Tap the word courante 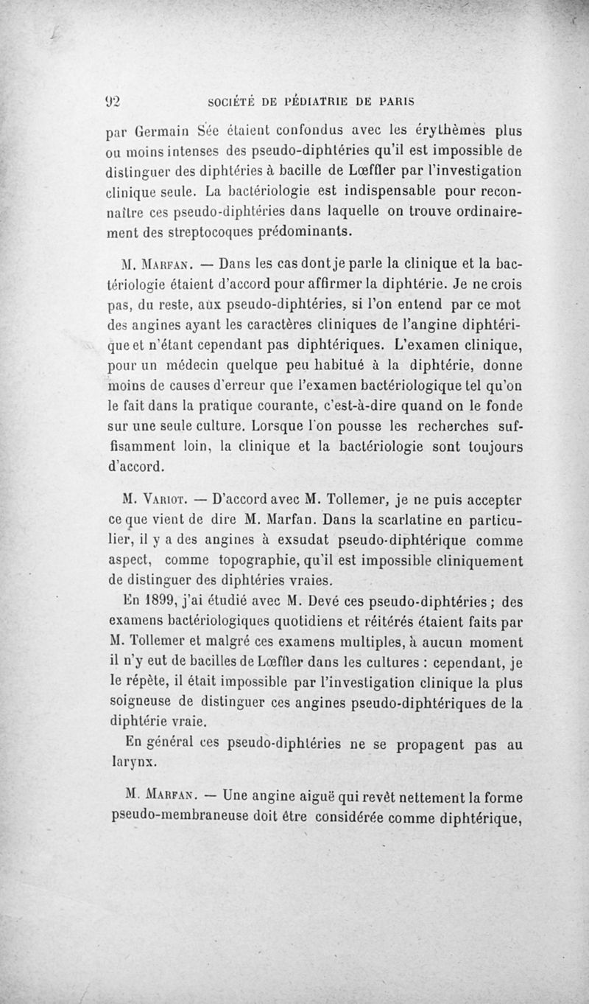255,406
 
